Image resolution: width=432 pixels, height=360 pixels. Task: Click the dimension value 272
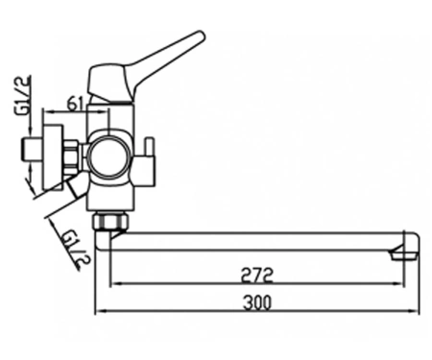pos(257,275)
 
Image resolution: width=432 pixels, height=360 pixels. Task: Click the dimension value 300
pos(257,302)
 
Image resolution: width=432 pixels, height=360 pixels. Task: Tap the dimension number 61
pos(76,104)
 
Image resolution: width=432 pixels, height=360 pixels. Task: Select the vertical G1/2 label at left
pos(22,95)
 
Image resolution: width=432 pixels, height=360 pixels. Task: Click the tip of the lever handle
pos(201,34)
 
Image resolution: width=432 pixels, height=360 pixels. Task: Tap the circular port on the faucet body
pos(109,156)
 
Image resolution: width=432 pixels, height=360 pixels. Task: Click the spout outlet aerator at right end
pos(404,253)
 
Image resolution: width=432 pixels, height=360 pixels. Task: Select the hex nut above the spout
pos(110,221)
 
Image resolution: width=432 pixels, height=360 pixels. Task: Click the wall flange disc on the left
pos(52,156)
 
